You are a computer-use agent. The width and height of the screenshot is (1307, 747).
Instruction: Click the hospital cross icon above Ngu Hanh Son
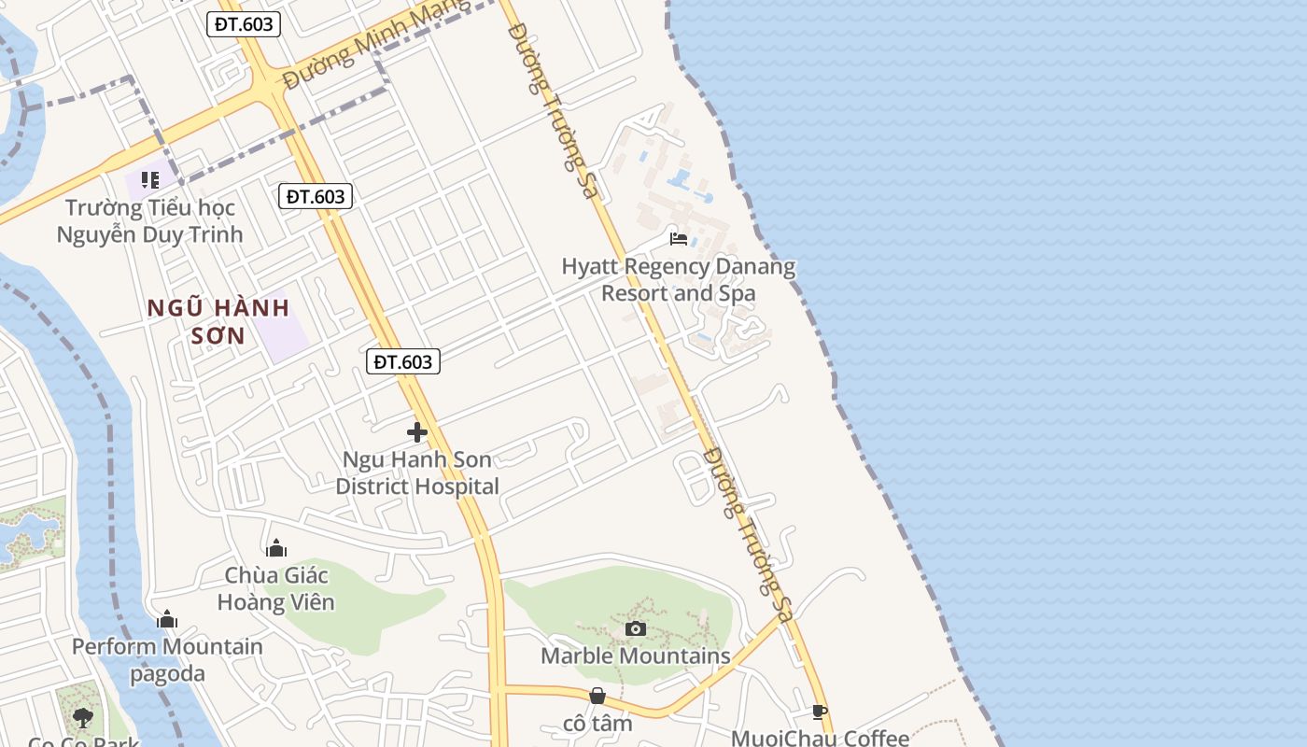tap(417, 432)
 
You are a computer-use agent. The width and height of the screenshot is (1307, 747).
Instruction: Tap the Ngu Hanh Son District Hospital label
tap(417, 473)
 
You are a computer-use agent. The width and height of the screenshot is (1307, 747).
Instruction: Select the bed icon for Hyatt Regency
tap(679, 239)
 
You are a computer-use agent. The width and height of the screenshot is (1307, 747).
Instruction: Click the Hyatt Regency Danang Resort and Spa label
tap(679, 280)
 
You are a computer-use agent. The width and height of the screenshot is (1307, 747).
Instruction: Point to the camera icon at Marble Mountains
tap(636, 628)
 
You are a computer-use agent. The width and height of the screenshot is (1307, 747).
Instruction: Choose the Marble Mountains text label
tap(636, 655)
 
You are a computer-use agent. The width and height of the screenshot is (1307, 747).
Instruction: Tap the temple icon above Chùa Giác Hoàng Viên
tap(275, 548)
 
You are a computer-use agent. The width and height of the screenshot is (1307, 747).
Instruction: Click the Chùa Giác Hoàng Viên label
tap(275, 589)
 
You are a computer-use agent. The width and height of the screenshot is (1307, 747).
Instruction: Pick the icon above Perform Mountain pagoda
tap(167, 619)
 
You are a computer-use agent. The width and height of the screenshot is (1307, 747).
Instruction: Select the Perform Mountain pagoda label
tap(167, 659)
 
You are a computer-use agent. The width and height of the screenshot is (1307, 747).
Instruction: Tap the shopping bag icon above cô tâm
tap(597, 696)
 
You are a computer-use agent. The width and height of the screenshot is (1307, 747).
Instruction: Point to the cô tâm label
tap(597, 724)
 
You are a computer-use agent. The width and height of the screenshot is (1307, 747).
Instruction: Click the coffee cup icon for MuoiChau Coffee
tap(820, 712)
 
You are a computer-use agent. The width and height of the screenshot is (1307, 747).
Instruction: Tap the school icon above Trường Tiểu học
tap(149, 179)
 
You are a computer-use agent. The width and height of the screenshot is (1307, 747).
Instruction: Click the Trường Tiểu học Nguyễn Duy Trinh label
tap(149, 220)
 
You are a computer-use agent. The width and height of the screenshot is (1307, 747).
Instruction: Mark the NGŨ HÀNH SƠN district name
tap(218, 321)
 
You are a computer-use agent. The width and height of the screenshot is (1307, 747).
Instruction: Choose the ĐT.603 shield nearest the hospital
tap(403, 361)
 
